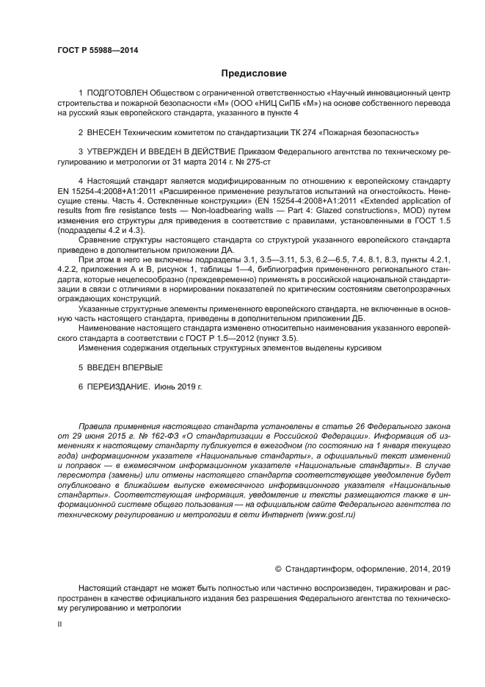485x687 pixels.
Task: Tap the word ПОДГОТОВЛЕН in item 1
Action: tap(117, 94)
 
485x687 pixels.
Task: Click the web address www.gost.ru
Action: tap(325, 514)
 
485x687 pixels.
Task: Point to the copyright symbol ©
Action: tap(278, 568)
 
